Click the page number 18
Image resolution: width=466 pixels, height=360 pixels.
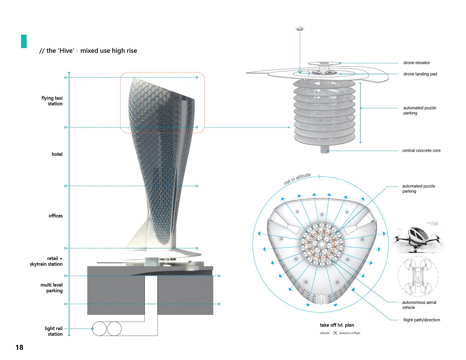tap(19, 347)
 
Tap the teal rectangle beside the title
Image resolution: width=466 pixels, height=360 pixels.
tap(24, 41)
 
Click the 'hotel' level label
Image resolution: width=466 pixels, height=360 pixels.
tap(57, 154)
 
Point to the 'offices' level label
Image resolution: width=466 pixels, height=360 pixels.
tap(55, 216)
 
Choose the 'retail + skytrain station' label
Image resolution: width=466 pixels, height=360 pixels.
tap(46, 261)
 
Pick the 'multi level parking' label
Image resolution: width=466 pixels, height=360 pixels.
tap(51, 288)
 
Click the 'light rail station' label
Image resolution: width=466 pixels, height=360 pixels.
tap(54, 331)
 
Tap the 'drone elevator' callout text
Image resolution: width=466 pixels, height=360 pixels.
tap(417, 63)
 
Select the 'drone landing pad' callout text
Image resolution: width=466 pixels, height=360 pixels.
tap(420, 74)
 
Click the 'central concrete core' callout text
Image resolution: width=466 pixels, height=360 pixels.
tap(421, 150)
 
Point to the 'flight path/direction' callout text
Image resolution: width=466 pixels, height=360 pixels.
tap(422, 320)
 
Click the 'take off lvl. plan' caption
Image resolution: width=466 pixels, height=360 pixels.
tap(337, 325)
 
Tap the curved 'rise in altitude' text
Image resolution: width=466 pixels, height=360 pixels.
tap(297, 179)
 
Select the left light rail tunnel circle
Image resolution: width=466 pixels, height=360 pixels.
tap(99, 329)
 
